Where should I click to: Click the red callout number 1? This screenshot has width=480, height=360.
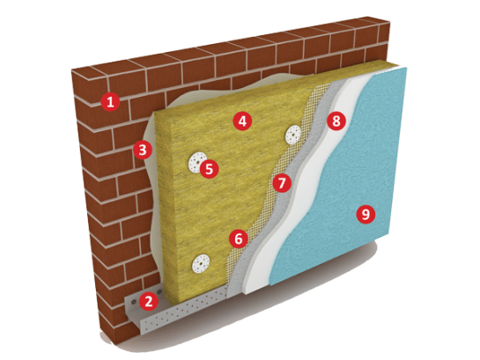(110, 101)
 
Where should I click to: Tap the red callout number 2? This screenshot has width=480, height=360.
(149, 301)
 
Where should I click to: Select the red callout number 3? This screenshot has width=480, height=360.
(143, 150)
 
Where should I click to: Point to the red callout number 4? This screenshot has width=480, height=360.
(242, 121)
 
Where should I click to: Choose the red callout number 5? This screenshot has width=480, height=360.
(209, 168)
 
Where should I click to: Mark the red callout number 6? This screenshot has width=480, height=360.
(239, 239)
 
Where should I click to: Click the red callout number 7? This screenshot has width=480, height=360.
(282, 183)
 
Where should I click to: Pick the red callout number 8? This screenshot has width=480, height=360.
(336, 121)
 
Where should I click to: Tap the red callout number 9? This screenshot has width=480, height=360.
(366, 215)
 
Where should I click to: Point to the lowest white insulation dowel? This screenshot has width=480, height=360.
(201, 264)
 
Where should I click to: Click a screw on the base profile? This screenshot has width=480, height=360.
(133, 302)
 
